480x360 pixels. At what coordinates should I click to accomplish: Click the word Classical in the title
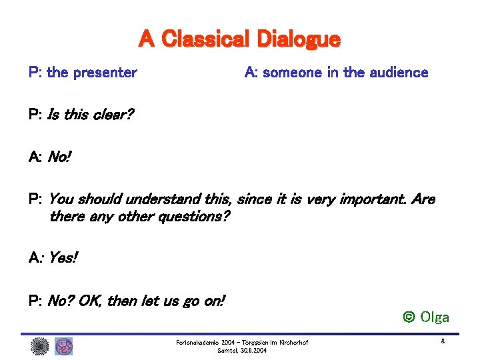tap(206, 40)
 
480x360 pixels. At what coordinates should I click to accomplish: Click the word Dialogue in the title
tap(298, 40)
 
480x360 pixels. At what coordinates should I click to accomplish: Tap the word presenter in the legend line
tap(105, 73)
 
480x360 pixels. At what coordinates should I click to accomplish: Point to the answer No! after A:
tap(59, 158)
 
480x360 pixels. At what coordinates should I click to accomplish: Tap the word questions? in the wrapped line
tap(193, 217)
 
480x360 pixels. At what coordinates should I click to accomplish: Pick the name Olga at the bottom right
tap(435, 317)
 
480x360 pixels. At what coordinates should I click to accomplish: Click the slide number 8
tap(443, 342)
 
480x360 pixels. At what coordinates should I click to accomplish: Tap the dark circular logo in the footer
tap(39, 346)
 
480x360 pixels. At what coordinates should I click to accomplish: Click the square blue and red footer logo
tap(63, 346)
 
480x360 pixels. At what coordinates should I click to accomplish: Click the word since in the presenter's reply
tap(254, 199)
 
